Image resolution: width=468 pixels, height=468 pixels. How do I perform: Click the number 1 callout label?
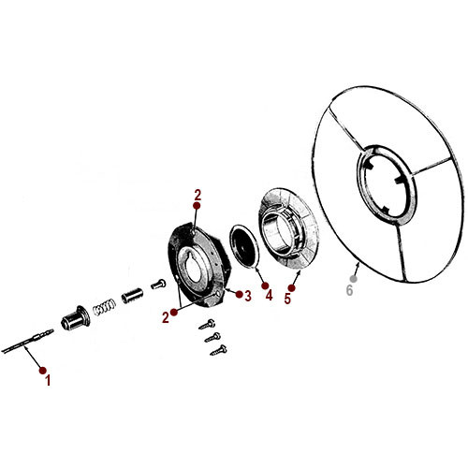48,381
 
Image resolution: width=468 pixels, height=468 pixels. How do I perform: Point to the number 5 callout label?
287,300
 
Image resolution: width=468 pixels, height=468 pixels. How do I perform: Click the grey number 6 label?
350,291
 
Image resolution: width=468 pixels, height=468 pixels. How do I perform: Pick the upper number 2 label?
197,195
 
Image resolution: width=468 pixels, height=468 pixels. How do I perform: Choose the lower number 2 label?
165,316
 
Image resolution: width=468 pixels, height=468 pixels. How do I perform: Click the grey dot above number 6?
354,278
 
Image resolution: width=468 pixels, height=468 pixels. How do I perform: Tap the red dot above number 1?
41,371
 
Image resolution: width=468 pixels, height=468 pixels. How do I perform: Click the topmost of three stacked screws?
206,324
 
